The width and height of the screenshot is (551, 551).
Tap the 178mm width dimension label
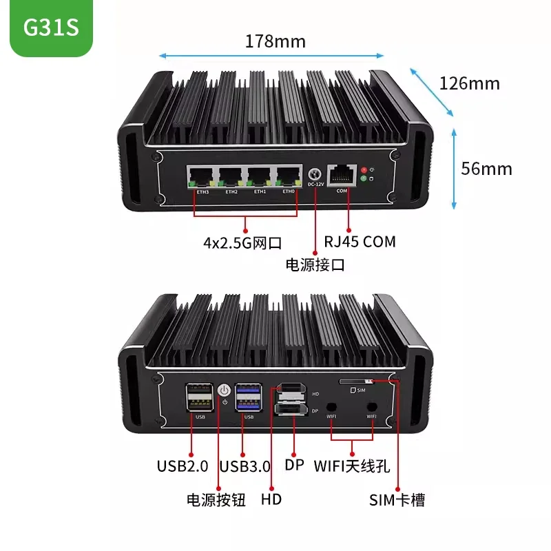tap(275, 41)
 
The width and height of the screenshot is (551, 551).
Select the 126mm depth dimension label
tap(469, 84)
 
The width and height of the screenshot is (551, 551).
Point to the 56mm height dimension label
tap(487, 168)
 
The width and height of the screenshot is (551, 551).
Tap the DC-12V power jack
tap(316, 176)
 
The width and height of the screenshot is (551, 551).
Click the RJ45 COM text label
tap(360, 242)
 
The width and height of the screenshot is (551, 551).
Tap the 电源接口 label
tap(315, 264)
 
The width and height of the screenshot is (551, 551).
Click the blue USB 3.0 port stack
tap(248, 398)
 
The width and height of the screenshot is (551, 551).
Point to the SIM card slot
tap(356, 381)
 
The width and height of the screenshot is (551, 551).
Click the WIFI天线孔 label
tap(352, 466)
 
